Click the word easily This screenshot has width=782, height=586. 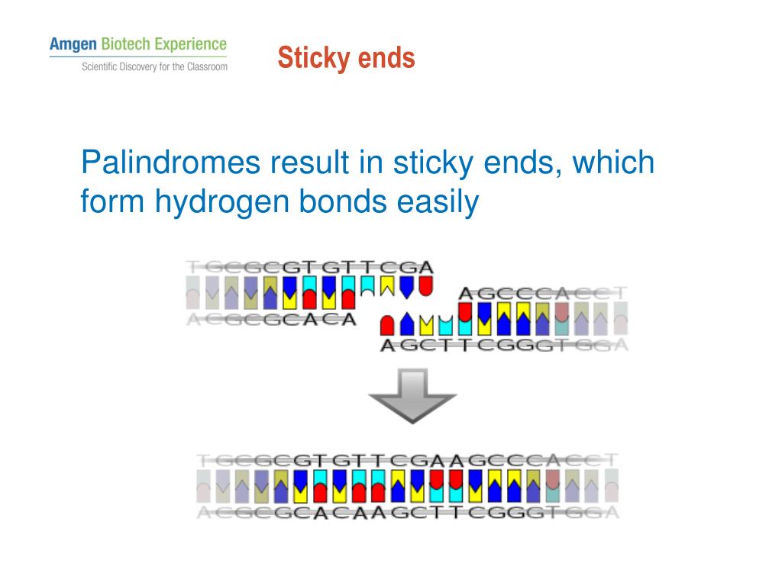[x=436, y=202]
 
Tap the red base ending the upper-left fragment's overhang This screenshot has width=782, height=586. [x=425, y=286]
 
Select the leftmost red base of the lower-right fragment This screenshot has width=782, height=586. [x=388, y=325]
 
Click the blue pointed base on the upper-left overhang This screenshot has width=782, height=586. [x=407, y=286]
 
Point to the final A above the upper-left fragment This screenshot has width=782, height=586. [x=425, y=268]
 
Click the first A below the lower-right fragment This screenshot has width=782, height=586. [x=388, y=345]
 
